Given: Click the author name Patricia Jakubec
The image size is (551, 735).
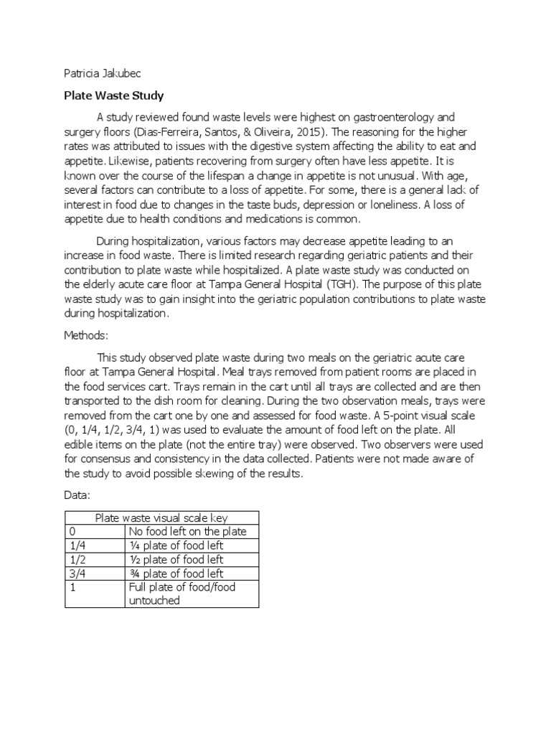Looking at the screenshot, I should coord(96,72).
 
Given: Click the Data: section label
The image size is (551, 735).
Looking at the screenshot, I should coord(77,496).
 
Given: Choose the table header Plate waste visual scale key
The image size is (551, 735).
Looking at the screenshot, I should coord(161,518).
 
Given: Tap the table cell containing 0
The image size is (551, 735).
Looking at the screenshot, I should coord(95,531).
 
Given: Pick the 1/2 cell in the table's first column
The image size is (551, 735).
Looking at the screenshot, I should coord(95,559).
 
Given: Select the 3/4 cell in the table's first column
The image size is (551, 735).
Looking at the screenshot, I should coord(95,573).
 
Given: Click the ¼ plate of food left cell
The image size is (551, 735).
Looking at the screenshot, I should coord(176,546).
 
